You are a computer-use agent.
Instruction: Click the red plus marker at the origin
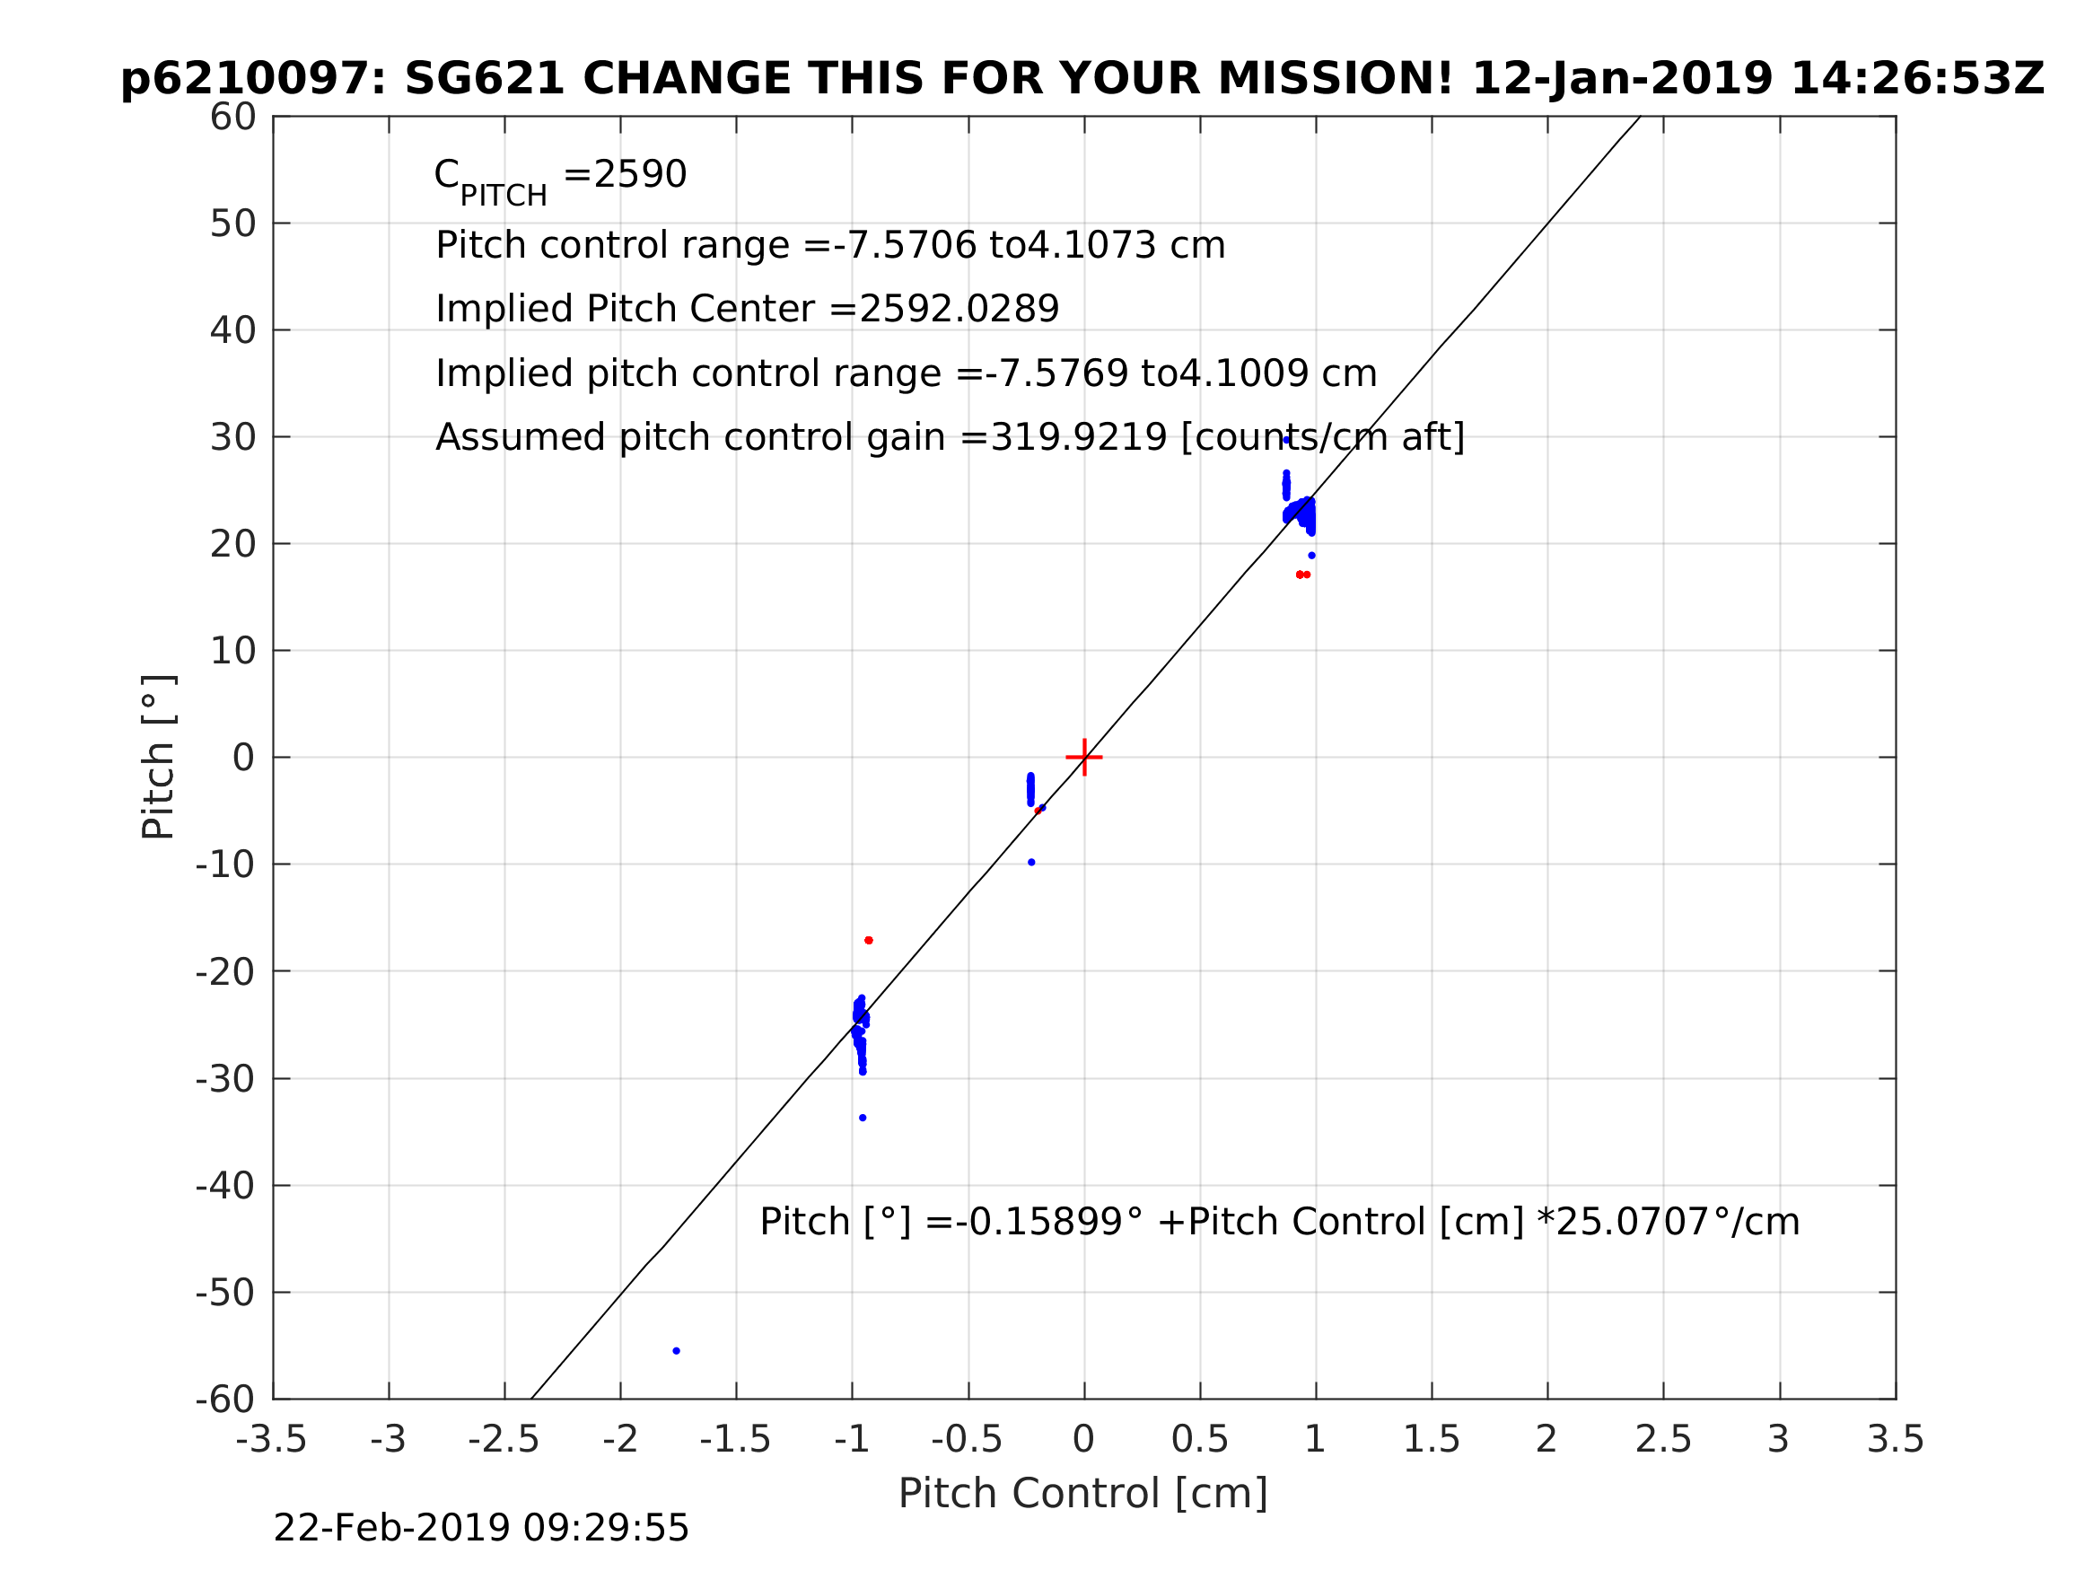1084,758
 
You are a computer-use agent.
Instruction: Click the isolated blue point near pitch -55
676,1351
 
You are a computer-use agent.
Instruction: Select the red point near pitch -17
869,940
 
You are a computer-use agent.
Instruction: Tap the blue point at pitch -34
863,1119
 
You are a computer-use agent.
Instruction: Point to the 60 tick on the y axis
232,118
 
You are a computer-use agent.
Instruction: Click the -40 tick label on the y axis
225,1187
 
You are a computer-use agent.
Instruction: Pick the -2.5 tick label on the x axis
504,1440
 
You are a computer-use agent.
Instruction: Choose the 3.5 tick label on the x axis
1896,1440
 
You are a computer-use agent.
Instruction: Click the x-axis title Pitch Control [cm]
1083,1495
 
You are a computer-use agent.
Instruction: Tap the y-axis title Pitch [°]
158,758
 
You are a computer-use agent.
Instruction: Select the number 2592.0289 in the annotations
958,309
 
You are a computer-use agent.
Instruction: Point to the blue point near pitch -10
1032,863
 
